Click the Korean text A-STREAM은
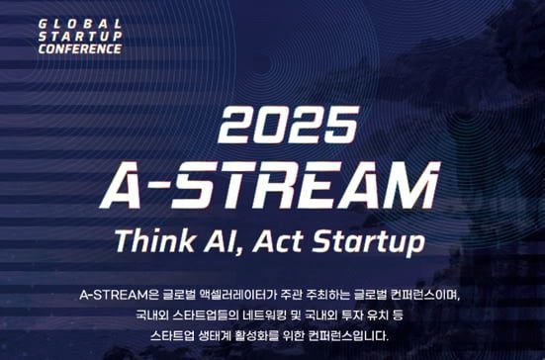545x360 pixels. pos(119,295)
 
